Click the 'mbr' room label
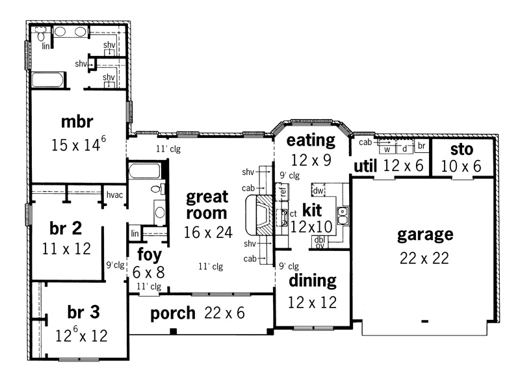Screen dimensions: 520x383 pyautogui.click(x=77, y=122)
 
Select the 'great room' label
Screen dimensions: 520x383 pyautogui.click(x=207, y=205)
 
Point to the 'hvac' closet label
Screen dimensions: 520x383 pyautogui.click(x=114, y=195)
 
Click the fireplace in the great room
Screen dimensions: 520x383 pyautogui.click(x=259, y=215)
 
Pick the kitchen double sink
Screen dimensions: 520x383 pyautogui.click(x=343, y=216)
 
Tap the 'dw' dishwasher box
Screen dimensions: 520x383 pyautogui.click(x=318, y=191)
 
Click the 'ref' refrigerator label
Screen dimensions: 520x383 pyautogui.click(x=283, y=191)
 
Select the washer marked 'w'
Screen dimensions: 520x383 pyautogui.click(x=387, y=149)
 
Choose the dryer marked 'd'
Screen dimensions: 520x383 pyautogui.click(x=404, y=149)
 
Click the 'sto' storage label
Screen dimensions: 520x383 pyautogui.click(x=461, y=150)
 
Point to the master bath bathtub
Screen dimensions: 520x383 pyautogui.click(x=47, y=80)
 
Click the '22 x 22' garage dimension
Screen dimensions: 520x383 pyautogui.click(x=424, y=258)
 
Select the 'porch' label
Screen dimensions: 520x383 pyautogui.click(x=173, y=313)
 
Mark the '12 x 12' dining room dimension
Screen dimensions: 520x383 pyautogui.click(x=313, y=302)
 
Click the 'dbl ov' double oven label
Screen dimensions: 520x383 pyautogui.click(x=320, y=243)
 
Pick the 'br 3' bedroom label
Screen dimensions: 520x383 pyautogui.click(x=84, y=312)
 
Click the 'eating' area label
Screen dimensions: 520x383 pyautogui.click(x=311, y=140)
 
